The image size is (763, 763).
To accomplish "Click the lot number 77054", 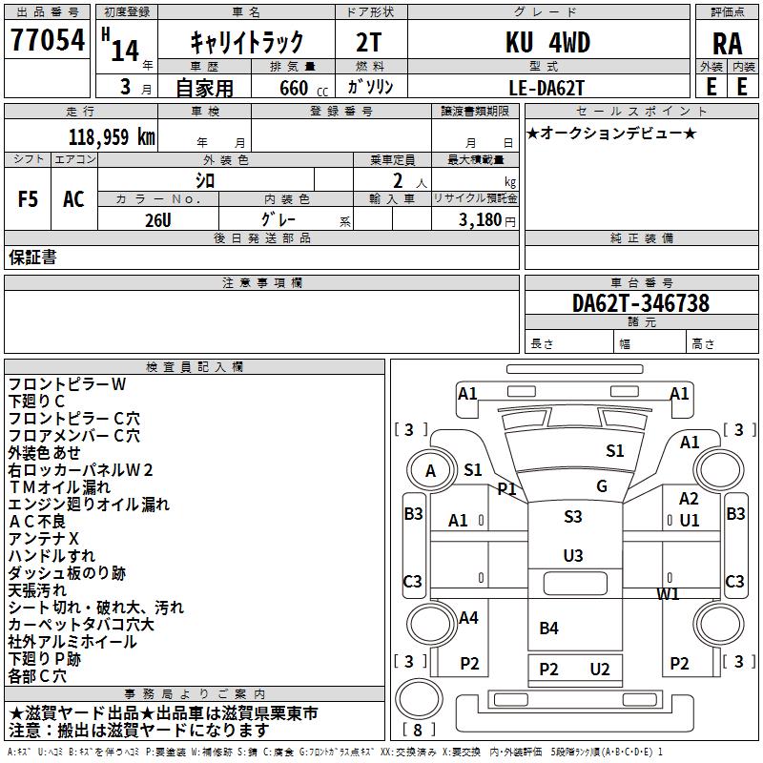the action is click(48, 40).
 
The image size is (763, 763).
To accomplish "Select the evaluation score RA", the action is click(727, 44).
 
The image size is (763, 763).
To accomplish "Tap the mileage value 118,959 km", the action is click(112, 137).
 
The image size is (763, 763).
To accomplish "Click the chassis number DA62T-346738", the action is click(641, 303).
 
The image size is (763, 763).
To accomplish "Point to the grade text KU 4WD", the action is click(547, 42).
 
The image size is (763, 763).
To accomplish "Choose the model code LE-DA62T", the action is click(546, 88).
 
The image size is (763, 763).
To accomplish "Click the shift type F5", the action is click(28, 199).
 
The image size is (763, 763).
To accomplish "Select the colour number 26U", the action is click(158, 220).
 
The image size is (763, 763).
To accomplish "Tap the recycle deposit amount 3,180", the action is click(480, 220).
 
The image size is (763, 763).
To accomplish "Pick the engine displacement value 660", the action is click(294, 88).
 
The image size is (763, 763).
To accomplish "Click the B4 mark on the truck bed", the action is click(549, 628).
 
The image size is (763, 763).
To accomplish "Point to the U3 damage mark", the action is click(573, 555).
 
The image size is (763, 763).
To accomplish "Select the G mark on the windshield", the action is click(602, 485).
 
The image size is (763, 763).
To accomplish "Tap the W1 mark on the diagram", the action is click(668, 593).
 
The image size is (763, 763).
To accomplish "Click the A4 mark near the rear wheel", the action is click(468, 617).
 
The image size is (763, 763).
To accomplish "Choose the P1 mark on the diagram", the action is click(506, 488).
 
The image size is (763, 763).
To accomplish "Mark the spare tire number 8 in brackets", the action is click(418, 730).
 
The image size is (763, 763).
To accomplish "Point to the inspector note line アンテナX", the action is click(43, 539).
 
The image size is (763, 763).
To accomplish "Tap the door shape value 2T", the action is click(369, 43).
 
